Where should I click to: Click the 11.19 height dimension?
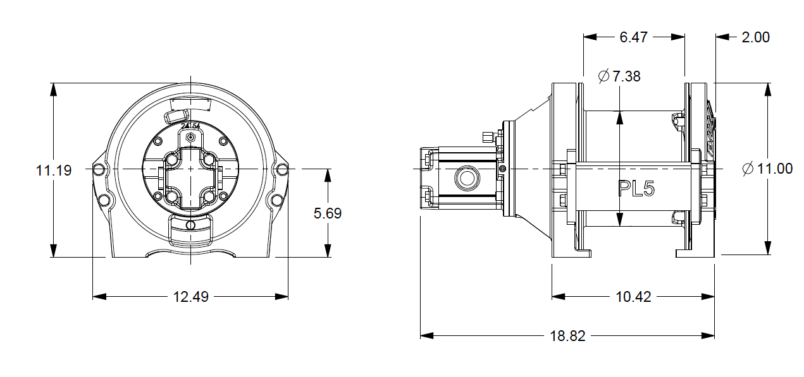(x=53, y=170)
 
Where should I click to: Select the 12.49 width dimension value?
(x=190, y=296)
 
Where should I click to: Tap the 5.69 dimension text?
(x=328, y=213)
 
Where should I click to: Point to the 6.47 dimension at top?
(x=633, y=37)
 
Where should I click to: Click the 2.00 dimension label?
(x=755, y=37)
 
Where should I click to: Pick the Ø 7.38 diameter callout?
(x=619, y=76)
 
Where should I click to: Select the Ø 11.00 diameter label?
(x=767, y=169)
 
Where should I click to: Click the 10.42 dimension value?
(x=633, y=296)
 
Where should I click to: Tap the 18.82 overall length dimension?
(x=567, y=336)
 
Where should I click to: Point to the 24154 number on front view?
(x=190, y=126)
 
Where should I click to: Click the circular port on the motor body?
(x=467, y=179)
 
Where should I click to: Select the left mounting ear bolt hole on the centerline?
(x=98, y=169)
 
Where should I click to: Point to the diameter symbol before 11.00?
(x=748, y=169)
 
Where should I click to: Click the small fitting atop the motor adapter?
(x=487, y=137)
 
